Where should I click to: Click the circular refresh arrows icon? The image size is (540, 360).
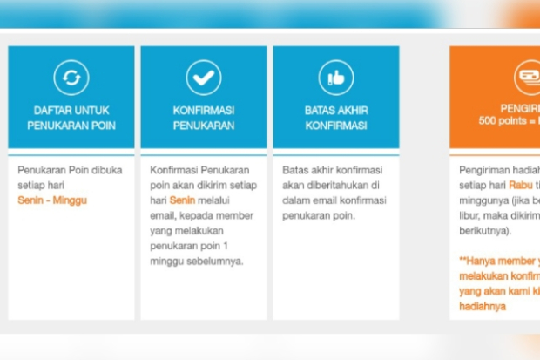(x=71, y=78)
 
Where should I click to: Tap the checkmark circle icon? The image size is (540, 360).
(x=204, y=78)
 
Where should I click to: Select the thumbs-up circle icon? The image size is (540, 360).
(x=336, y=78)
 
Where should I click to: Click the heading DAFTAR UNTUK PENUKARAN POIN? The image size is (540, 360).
(x=71, y=118)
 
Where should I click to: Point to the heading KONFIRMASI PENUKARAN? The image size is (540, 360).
(x=204, y=118)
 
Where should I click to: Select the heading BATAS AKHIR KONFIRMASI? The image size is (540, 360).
(x=336, y=118)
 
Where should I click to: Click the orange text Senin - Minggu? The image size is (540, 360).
(x=52, y=200)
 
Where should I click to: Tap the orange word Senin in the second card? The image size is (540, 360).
(x=181, y=200)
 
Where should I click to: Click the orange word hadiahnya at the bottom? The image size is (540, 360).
(x=482, y=306)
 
